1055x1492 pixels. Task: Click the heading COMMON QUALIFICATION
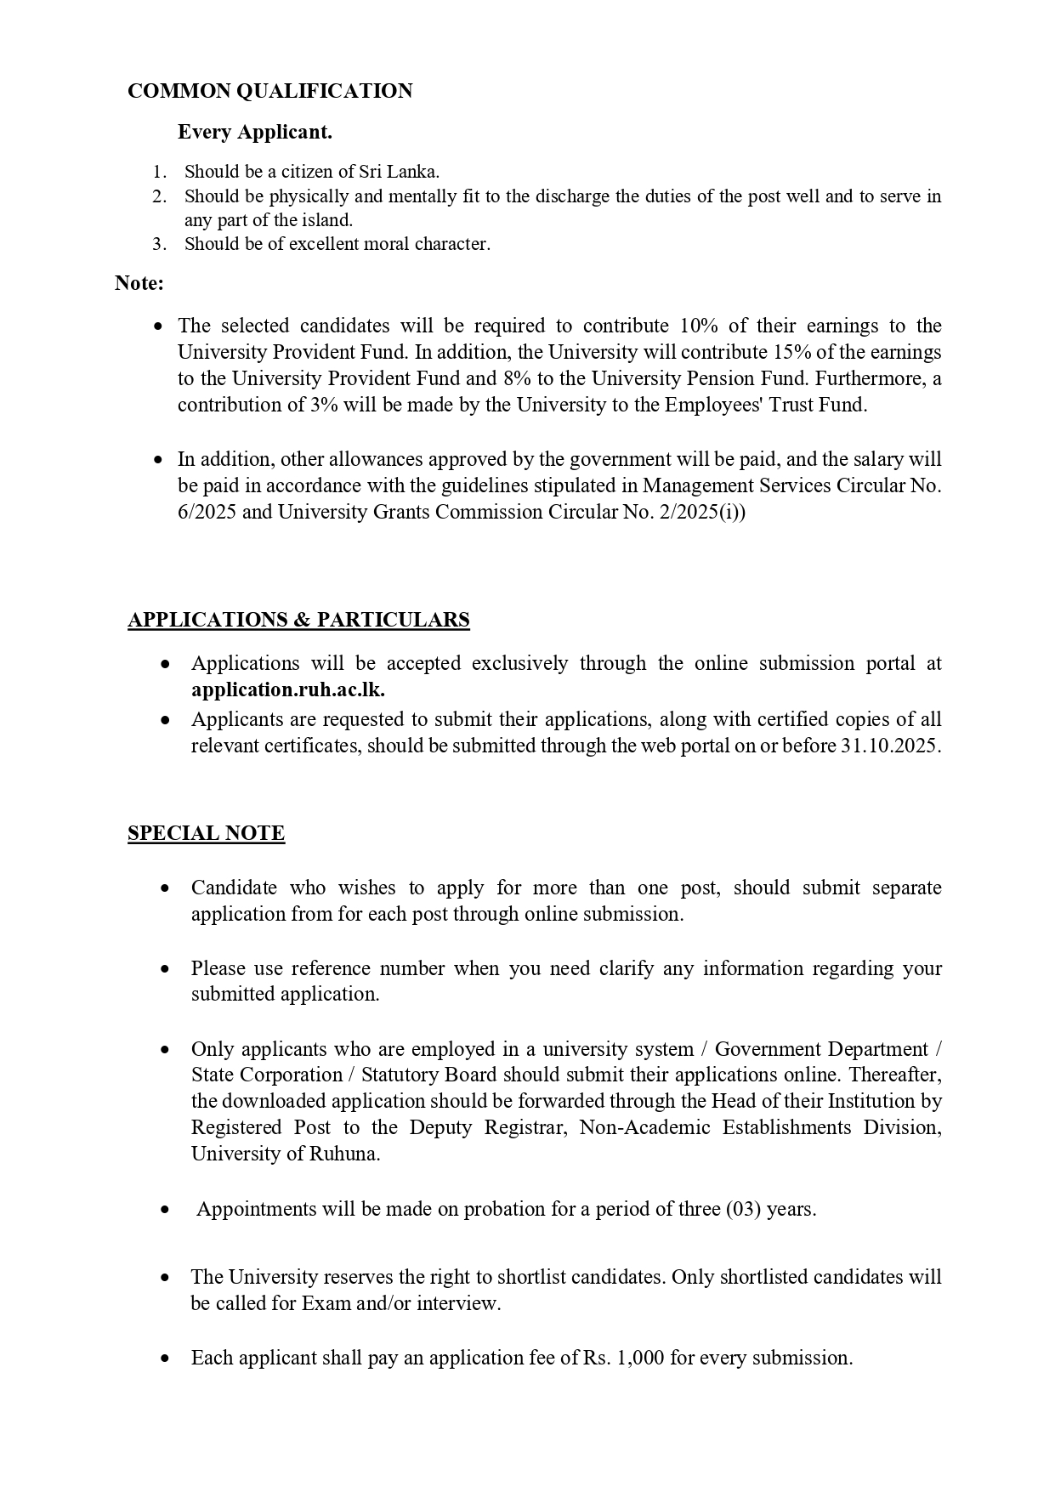pyautogui.click(x=269, y=91)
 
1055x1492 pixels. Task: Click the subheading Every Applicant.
pyautogui.click(x=254, y=132)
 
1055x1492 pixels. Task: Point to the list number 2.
pyautogui.click(x=159, y=196)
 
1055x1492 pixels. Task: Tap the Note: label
pyautogui.click(x=139, y=283)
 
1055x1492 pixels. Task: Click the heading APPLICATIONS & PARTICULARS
pyautogui.click(x=298, y=620)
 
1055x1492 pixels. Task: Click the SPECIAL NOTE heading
pyautogui.click(x=206, y=833)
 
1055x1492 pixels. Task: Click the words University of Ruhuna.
pyautogui.click(x=285, y=1154)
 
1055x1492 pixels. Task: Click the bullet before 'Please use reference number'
pyautogui.click(x=165, y=969)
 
